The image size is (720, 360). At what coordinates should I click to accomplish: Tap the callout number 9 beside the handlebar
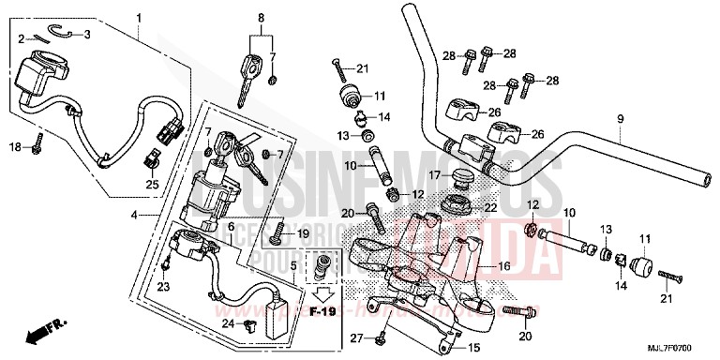620,118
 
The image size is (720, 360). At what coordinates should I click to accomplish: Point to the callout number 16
503,266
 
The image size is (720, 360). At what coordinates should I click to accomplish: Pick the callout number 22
490,207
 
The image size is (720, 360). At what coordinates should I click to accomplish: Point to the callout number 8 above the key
262,17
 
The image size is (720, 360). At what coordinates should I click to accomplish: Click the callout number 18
14,147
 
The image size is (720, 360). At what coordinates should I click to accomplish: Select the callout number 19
302,232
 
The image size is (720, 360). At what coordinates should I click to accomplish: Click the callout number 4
136,216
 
